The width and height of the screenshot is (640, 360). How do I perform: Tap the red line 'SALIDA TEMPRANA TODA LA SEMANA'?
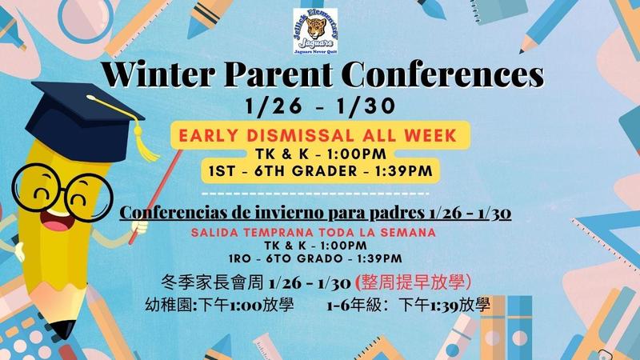pyautogui.click(x=314, y=232)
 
